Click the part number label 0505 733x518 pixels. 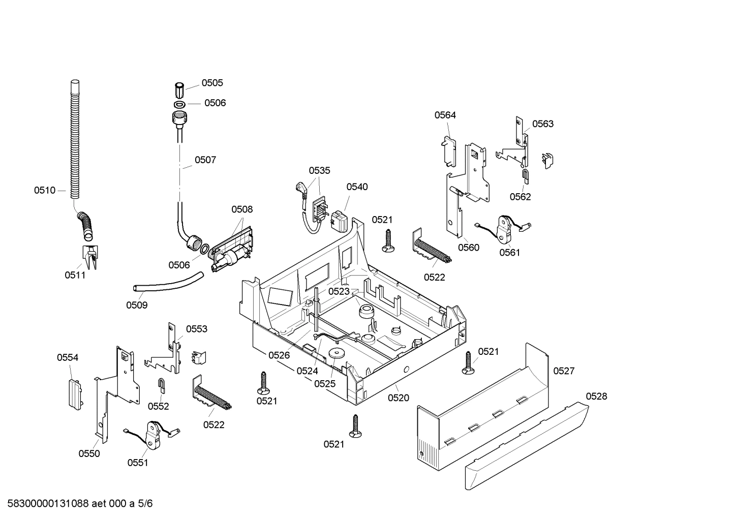pyautogui.click(x=212, y=83)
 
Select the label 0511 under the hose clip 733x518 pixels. pyautogui.click(x=75, y=275)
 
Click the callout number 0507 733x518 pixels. pyautogui.click(x=205, y=160)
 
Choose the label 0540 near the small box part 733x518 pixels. pyautogui.click(x=357, y=187)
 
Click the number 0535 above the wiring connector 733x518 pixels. pyautogui.click(x=319, y=170)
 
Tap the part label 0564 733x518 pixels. pyautogui.click(x=445, y=115)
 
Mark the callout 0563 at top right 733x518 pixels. pyautogui.click(x=543, y=124)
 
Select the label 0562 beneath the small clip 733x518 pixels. pyautogui.click(x=520, y=197)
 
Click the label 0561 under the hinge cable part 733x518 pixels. pyautogui.click(x=509, y=252)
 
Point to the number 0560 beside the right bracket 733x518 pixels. pyautogui.click(x=468, y=248)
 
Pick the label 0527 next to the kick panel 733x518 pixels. pyautogui.click(x=564, y=371)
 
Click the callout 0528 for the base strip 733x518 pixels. pyautogui.click(x=596, y=397)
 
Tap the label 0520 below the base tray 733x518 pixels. pyautogui.click(x=398, y=398)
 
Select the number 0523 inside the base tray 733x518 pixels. pyautogui.click(x=339, y=291)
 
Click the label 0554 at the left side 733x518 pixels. pyautogui.click(x=68, y=358)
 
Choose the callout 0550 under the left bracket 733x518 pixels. pyautogui.click(x=89, y=453)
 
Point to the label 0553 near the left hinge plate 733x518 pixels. pyautogui.click(x=196, y=329)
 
